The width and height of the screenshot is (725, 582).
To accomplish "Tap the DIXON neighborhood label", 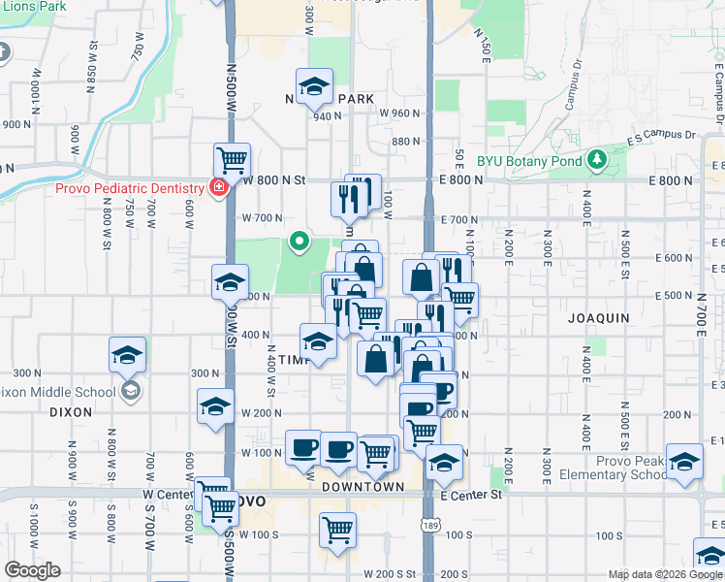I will (x=70, y=411).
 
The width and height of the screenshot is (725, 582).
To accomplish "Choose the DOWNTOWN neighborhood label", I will (x=362, y=486).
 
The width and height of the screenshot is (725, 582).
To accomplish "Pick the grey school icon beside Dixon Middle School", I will (x=130, y=391).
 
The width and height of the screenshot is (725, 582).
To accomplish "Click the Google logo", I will (x=32, y=570).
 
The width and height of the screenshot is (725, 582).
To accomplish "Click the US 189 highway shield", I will (x=427, y=524).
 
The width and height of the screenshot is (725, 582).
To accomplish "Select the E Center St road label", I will (x=470, y=495).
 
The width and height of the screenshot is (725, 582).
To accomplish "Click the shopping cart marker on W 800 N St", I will (x=233, y=159).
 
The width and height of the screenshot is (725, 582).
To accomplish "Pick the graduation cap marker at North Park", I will (x=314, y=86).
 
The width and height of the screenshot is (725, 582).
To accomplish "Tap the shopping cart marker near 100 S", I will (x=337, y=530).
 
